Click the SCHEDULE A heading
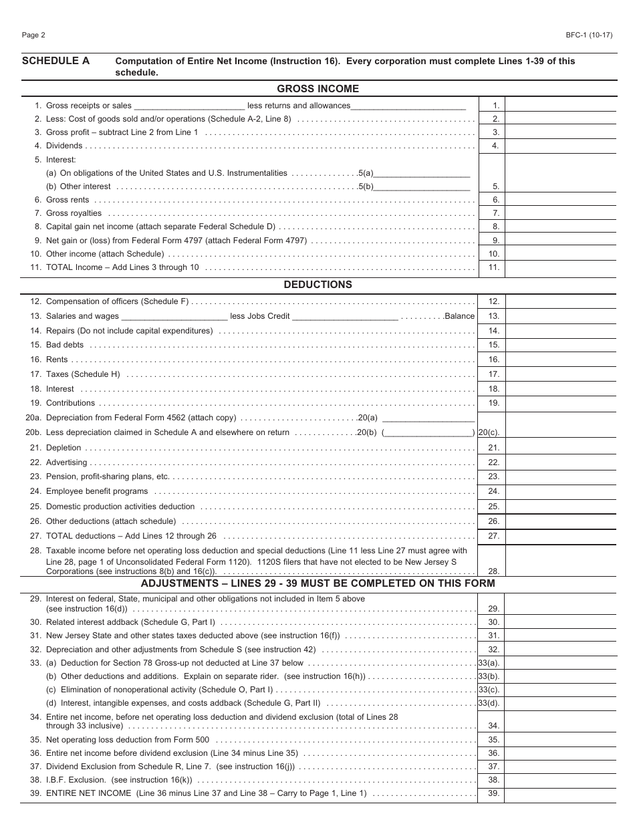(x=55, y=61)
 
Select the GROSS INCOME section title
(x=317, y=89)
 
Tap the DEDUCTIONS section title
(x=317, y=285)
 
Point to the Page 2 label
(x=33, y=35)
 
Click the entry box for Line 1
(x=561, y=105)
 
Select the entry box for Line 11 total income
(x=561, y=268)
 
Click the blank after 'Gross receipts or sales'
(x=189, y=106)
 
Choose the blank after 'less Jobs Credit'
(x=345, y=316)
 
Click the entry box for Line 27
(x=561, y=536)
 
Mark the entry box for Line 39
(x=561, y=794)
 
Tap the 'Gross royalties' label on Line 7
(x=74, y=213)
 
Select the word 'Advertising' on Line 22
(x=66, y=462)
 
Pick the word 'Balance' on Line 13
(x=459, y=316)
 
